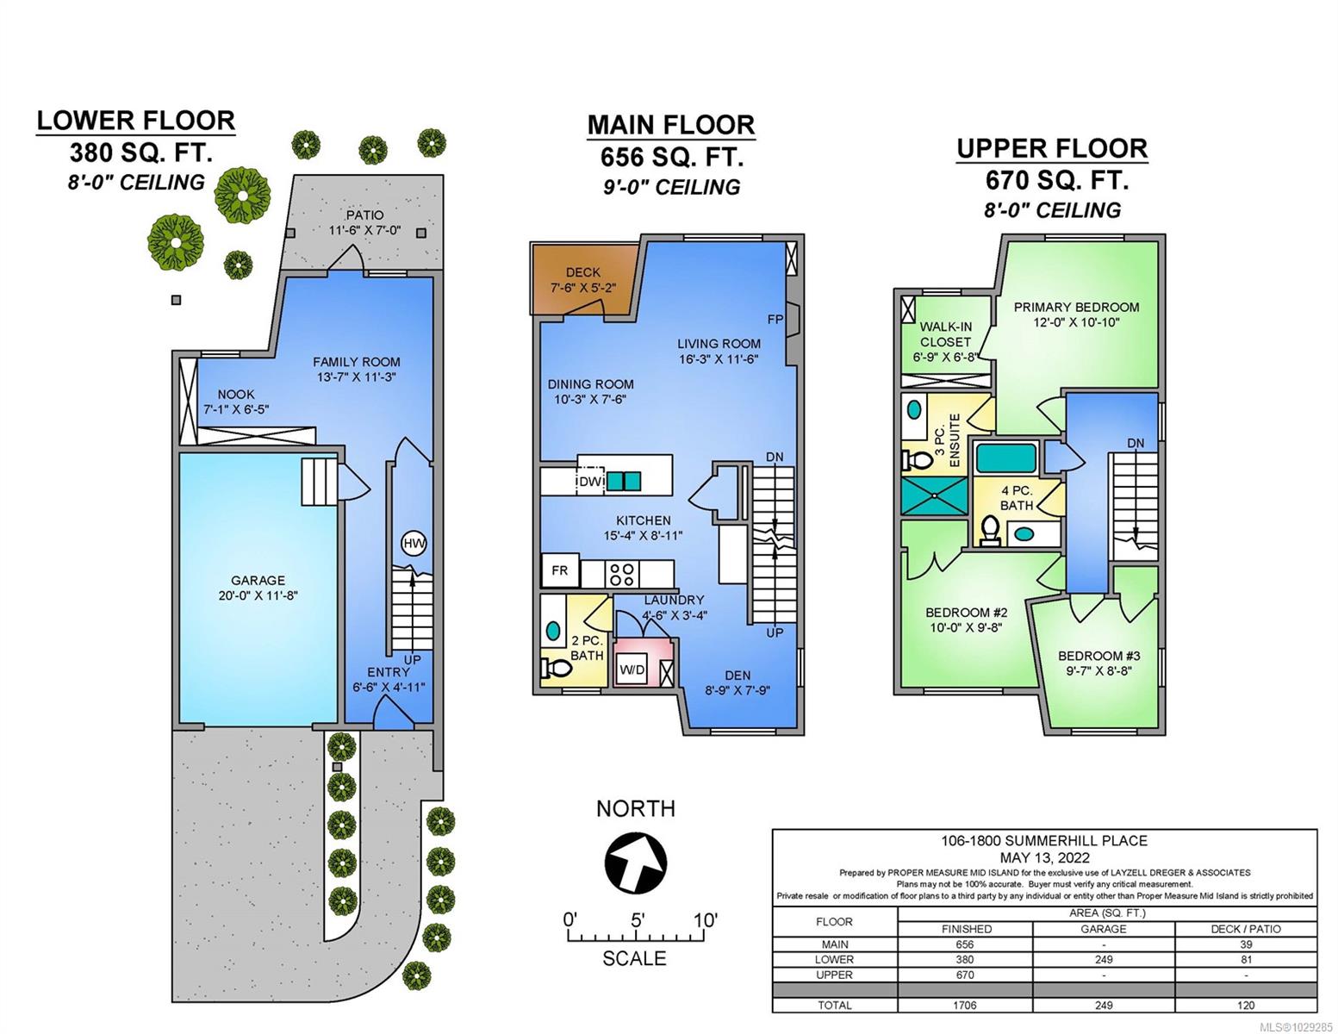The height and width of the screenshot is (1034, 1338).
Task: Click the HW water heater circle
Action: (x=414, y=543)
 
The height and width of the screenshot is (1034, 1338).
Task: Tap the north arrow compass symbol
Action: (x=636, y=861)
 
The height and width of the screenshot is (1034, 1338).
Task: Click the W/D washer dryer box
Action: (x=632, y=670)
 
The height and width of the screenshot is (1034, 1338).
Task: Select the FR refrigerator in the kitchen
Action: (x=560, y=571)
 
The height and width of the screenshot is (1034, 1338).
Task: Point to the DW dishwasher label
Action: (x=589, y=482)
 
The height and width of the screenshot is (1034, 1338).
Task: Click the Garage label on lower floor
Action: (x=258, y=580)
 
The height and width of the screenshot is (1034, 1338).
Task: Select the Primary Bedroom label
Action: (x=1076, y=307)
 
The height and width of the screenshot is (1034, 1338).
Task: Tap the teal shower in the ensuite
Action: (x=934, y=496)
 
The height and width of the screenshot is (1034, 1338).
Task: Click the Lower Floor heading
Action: (x=135, y=121)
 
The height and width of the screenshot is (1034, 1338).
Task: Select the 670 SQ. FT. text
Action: (x=1056, y=180)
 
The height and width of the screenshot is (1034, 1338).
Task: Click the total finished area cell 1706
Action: (x=965, y=1005)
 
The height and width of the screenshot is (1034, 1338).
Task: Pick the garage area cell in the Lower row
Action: (x=1104, y=960)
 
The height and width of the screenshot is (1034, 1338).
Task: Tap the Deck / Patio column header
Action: (x=1246, y=929)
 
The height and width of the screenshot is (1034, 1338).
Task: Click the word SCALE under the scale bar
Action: (x=634, y=958)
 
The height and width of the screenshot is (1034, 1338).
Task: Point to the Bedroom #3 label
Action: (x=1099, y=656)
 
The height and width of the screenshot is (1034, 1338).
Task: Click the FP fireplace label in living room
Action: (x=775, y=319)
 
